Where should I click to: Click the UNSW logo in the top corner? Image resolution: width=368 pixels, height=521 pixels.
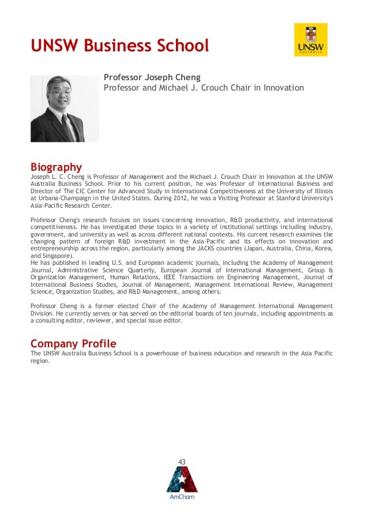[311, 40]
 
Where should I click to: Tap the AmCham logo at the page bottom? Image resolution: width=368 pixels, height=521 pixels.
[182, 480]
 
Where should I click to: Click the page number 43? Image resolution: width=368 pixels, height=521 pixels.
[182, 462]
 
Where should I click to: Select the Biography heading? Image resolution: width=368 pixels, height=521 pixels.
[56, 168]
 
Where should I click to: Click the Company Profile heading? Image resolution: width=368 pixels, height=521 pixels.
[73, 344]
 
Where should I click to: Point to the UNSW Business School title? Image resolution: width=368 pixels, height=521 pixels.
[119, 46]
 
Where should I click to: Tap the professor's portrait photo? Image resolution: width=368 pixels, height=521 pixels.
[65, 108]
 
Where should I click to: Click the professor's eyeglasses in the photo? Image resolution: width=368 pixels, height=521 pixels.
[61, 92]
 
